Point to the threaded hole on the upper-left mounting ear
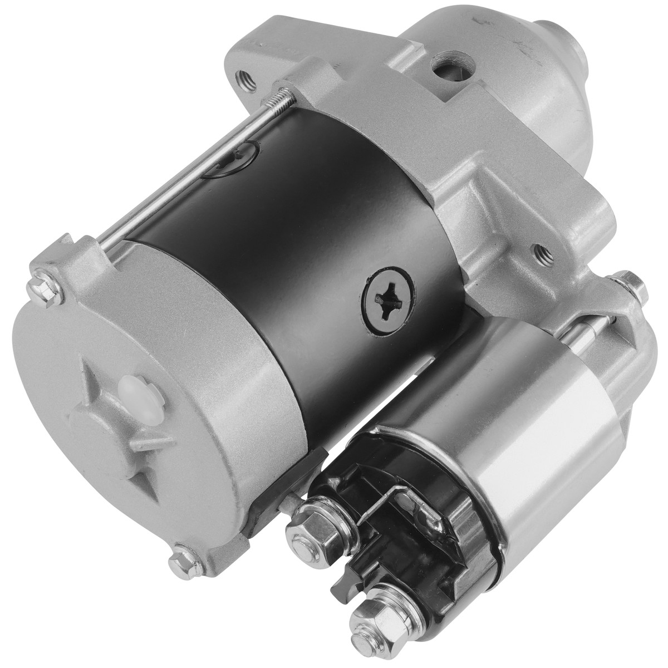(x=244, y=76)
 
